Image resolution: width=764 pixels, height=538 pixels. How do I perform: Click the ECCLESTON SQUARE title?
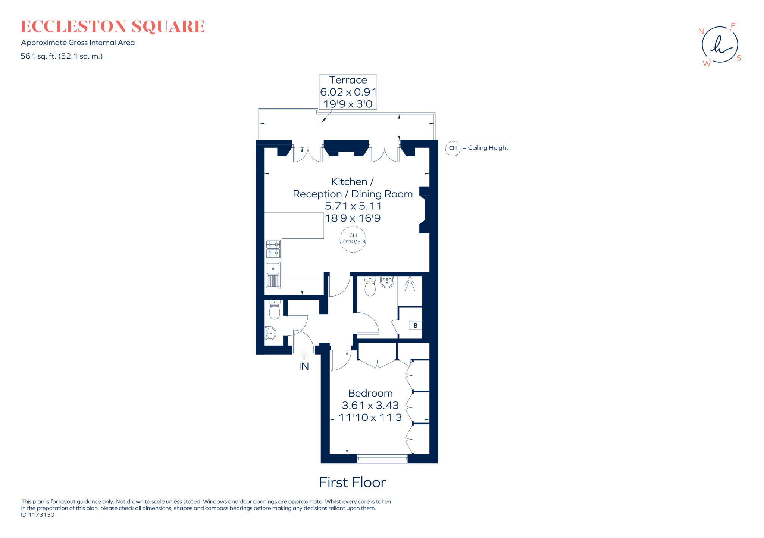tap(112, 26)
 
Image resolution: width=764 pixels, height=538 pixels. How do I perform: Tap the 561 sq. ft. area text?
tap(62, 56)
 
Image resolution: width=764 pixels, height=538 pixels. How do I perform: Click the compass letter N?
tap(701, 32)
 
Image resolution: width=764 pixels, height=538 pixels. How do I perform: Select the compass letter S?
tap(739, 58)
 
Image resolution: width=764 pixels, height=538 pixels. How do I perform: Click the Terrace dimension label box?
tap(348, 92)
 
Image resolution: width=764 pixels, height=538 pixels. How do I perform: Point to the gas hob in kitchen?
tap(273, 249)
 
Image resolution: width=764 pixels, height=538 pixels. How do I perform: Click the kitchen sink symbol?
tap(273, 275)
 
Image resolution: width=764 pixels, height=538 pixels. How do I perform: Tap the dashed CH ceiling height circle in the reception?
tap(353, 239)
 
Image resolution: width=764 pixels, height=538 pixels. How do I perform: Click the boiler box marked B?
tap(415, 325)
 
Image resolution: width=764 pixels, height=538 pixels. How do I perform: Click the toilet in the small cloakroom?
tap(275, 309)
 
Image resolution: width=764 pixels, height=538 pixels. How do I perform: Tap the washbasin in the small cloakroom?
tap(270, 333)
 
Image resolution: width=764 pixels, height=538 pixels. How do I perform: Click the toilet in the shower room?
tap(370, 287)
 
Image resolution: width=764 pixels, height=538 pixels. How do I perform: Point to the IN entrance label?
tap(304, 366)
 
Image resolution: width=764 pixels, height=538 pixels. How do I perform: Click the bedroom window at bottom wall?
tap(382, 459)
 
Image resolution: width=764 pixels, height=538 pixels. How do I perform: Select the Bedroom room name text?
tap(370, 393)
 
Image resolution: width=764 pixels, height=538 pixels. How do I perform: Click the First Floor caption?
tap(352, 482)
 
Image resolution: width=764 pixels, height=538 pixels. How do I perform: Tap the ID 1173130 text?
tap(38, 515)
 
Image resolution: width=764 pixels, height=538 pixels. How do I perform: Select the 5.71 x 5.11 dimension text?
tap(353, 206)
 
